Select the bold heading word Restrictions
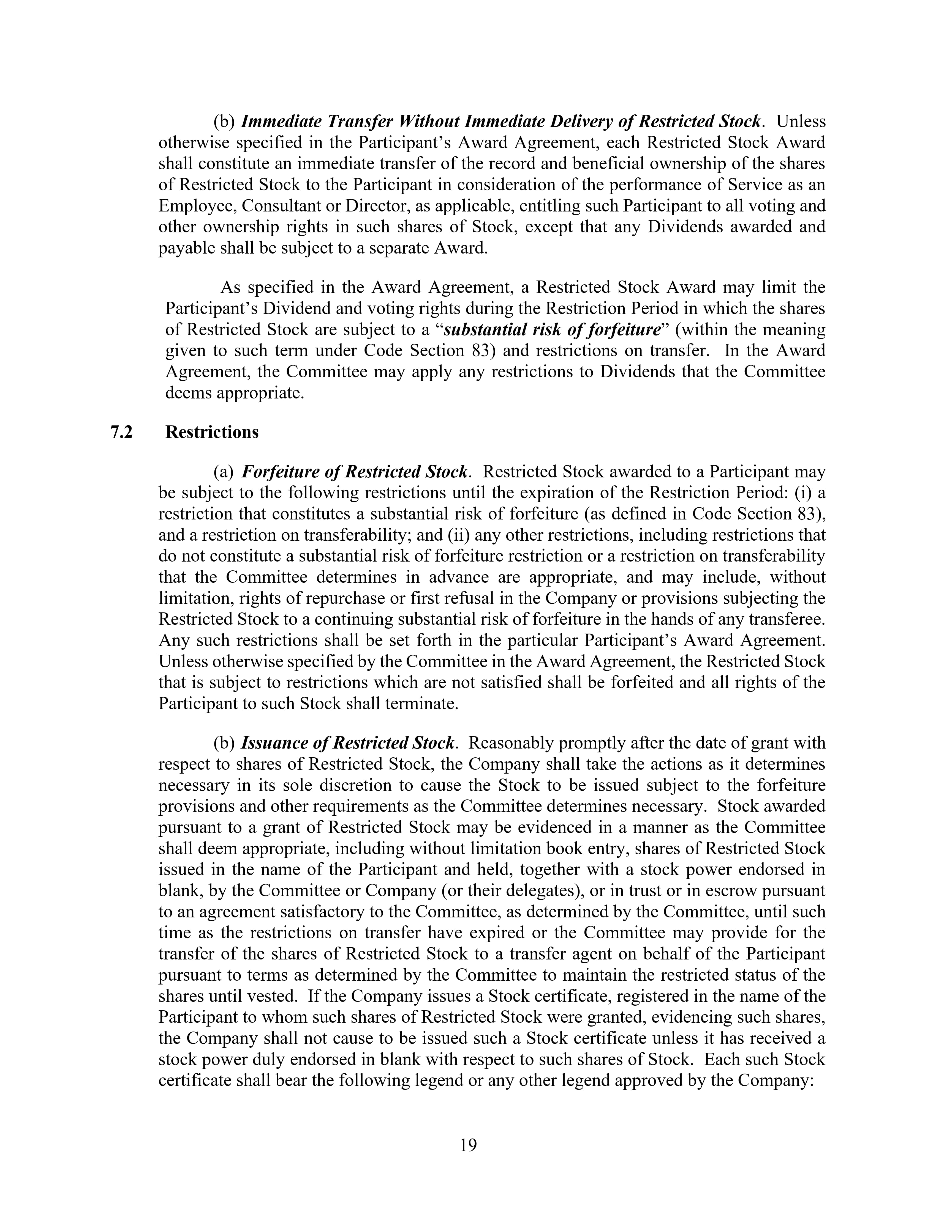coord(212,432)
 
